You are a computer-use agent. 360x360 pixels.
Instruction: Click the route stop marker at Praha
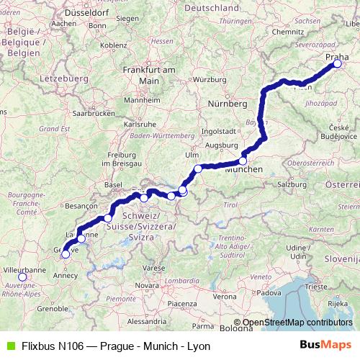(337, 63)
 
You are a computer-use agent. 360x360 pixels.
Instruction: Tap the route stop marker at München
(243, 161)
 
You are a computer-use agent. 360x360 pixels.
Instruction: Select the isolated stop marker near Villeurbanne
(22, 276)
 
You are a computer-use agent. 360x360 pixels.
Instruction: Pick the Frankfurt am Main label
(150, 74)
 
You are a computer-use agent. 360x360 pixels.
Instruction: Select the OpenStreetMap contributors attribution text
(297, 323)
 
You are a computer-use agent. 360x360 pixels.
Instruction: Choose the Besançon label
(81, 204)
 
